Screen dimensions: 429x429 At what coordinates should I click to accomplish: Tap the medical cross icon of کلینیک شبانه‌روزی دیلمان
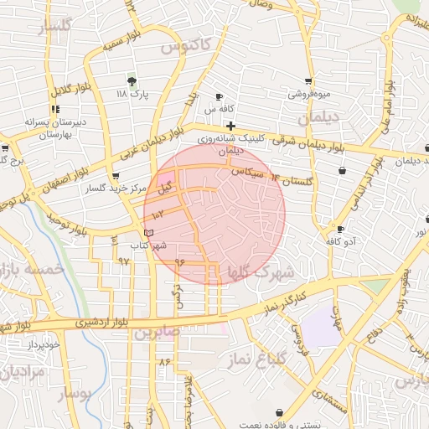231,126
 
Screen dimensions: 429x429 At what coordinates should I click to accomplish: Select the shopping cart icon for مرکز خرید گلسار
115,176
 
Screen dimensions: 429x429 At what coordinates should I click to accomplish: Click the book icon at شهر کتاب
149,232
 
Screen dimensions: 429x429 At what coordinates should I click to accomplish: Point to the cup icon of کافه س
220,97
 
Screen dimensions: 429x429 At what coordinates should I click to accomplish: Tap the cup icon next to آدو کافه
339,229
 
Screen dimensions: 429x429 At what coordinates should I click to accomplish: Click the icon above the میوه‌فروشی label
308,81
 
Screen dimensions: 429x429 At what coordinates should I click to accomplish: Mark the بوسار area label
77,391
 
